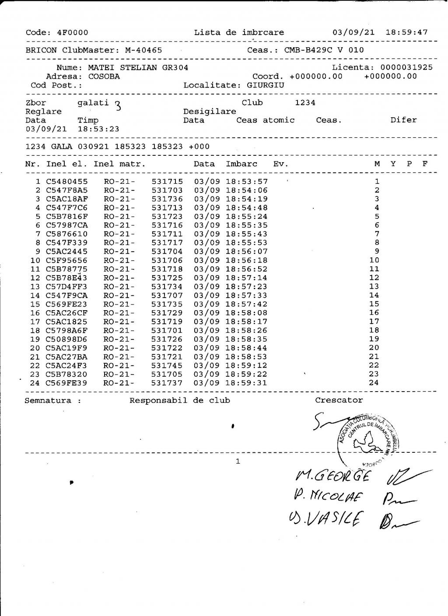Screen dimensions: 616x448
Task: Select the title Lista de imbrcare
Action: [239, 32]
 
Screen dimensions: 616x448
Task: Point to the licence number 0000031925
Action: [406, 67]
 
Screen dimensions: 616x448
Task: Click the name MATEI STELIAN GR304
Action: [138, 68]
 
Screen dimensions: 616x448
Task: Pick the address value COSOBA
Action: [104, 77]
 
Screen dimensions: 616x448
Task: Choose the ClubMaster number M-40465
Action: [143, 50]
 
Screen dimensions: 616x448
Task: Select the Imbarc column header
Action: [241, 164]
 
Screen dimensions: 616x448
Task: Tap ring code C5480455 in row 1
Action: [66, 182]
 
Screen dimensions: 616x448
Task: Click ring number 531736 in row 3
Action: [167, 199]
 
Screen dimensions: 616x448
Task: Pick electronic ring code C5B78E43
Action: [66, 278]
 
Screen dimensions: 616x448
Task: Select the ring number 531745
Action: [167, 365]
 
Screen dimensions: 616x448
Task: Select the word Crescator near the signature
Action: [339, 400]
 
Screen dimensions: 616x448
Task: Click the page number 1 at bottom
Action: [238, 461]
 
